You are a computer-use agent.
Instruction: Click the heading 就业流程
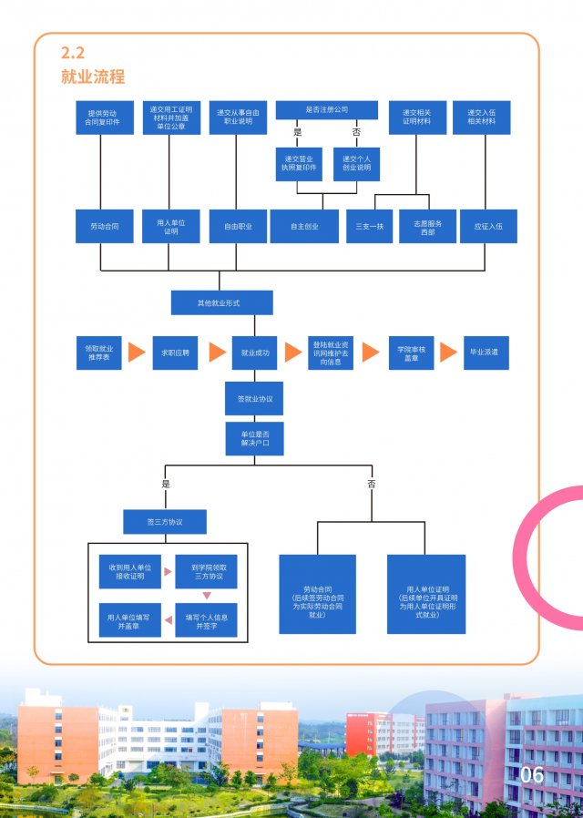[x=93, y=76]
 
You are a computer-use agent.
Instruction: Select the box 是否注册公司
[x=326, y=110]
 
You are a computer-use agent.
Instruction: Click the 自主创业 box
[x=304, y=226]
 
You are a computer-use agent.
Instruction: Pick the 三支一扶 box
[x=370, y=226]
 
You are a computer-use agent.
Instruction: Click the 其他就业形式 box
[x=221, y=302]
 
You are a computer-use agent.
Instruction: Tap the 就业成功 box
[x=255, y=352]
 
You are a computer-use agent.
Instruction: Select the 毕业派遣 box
[x=488, y=352]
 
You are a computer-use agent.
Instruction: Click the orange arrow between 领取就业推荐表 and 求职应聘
[x=137, y=353]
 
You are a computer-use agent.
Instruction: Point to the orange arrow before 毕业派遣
[x=447, y=353]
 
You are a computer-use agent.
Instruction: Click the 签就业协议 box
[x=255, y=399]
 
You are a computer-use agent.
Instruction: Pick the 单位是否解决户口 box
[x=255, y=438]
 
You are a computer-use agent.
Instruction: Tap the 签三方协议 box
[x=165, y=522]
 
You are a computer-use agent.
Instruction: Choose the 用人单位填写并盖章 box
[x=129, y=620]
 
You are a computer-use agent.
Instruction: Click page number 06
[x=531, y=775]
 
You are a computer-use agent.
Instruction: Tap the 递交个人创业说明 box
[x=356, y=164]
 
